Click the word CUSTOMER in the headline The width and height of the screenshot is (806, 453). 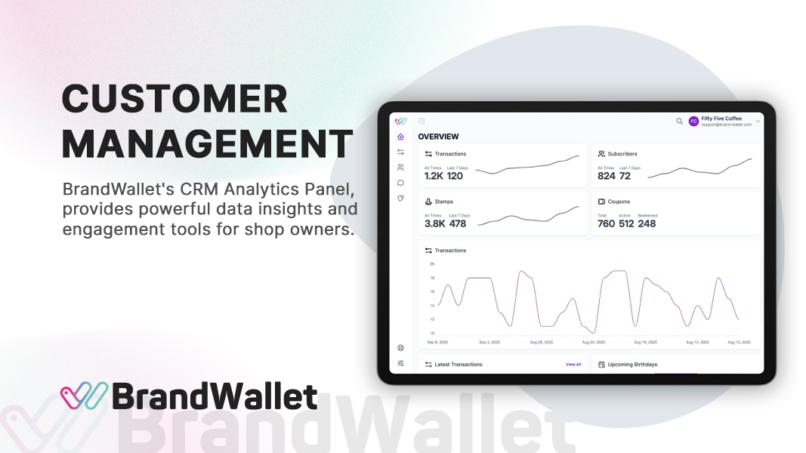174,100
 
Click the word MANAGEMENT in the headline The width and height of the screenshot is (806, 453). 207,144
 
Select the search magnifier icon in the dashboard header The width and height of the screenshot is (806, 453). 679,121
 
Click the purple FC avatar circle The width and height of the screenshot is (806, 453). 693,121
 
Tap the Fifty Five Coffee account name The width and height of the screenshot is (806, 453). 721,119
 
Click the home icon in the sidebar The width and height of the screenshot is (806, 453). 400,137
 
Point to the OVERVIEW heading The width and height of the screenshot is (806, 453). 438,137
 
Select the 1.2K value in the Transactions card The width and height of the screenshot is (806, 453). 434,176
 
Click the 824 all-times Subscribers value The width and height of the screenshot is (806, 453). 607,176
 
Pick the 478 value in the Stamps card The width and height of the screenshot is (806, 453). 457,223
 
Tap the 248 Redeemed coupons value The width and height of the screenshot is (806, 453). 647,223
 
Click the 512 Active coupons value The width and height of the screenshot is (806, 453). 626,223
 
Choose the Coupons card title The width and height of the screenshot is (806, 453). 619,202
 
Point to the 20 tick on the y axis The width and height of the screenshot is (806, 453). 432,264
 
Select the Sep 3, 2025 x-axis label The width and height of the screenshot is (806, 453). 489,342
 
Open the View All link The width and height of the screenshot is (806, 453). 573,365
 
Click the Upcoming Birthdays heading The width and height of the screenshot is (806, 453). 632,365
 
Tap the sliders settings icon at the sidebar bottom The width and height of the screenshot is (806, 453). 400,363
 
